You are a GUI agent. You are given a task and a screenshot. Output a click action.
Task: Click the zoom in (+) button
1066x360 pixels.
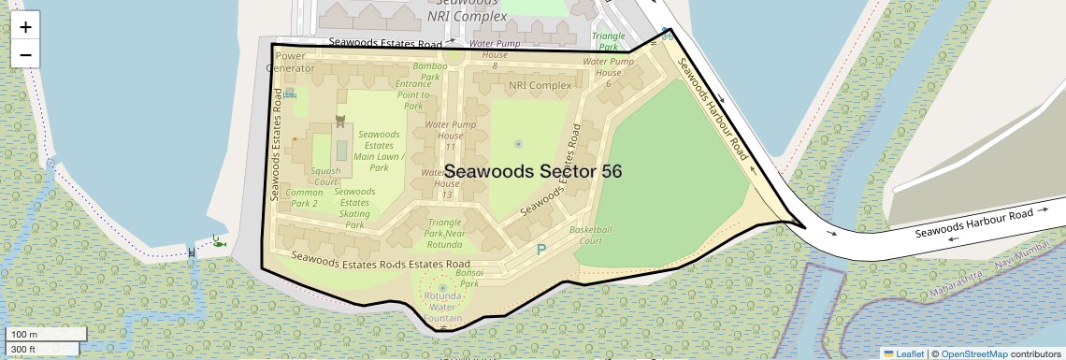[x=25, y=26]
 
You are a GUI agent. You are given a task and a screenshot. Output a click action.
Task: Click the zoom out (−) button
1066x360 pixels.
[x=25, y=54]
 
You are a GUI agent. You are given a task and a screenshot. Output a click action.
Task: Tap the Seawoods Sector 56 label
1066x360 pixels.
[x=533, y=172]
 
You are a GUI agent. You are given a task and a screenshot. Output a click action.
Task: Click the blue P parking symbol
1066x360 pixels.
[x=540, y=251]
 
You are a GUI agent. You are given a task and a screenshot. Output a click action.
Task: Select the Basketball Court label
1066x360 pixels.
[x=591, y=235]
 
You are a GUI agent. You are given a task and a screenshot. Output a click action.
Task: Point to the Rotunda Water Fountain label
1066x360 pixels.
[x=442, y=308]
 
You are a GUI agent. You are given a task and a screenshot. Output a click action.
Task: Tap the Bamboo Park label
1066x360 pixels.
[x=431, y=72]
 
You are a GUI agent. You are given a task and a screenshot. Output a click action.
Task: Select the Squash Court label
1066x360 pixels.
[x=325, y=176]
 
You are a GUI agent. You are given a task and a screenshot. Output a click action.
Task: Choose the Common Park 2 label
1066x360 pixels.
[x=305, y=197]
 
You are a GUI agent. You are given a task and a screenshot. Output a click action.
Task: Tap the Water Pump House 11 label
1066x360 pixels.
[x=451, y=136]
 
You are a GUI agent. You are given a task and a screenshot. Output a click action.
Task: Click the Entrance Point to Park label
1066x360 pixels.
[x=413, y=94]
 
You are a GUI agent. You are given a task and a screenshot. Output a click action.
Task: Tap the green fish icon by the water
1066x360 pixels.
[x=218, y=241]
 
